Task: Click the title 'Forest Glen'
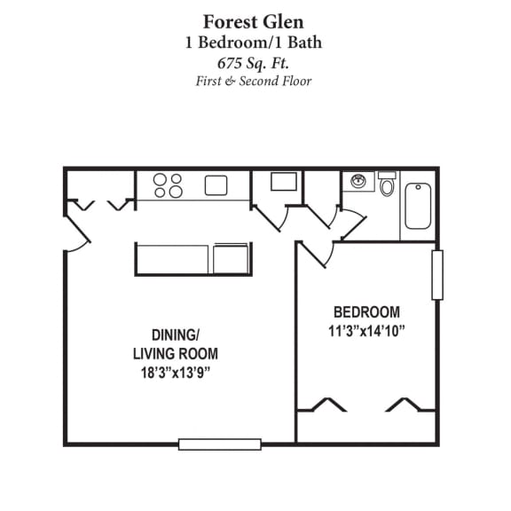pos(255,20)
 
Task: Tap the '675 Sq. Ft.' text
pos(255,62)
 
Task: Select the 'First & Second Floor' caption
pos(255,82)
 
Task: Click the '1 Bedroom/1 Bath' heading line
pos(255,42)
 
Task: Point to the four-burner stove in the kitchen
pos(168,185)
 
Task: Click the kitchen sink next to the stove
pos(216,185)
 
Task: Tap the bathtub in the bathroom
pos(417,205)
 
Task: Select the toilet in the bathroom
pos(387,185)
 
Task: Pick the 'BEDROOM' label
pos(366,312)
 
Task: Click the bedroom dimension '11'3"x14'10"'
pos(366,332)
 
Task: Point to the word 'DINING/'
pos(175,335)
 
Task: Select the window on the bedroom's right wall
pos(436,275)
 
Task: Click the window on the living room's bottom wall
pos(219,444)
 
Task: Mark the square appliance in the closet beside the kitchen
pos(283,182)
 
